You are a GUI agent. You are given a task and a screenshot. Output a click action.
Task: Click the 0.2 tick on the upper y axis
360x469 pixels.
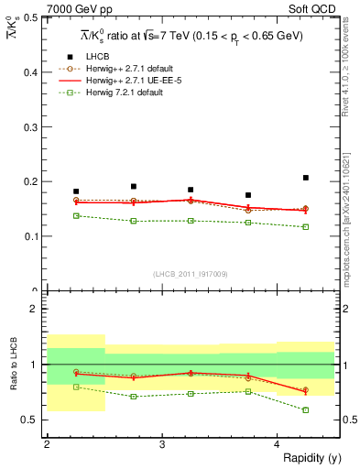coord(32,181)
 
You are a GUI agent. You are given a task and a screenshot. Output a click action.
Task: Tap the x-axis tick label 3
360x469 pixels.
coord(162,444)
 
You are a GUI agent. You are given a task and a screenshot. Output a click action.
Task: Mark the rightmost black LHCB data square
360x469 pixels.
coord(305,178)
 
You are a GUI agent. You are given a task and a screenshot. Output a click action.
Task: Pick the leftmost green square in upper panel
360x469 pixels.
coord(76,215)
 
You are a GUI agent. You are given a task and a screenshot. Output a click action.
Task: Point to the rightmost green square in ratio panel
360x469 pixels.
coord(305,409)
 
